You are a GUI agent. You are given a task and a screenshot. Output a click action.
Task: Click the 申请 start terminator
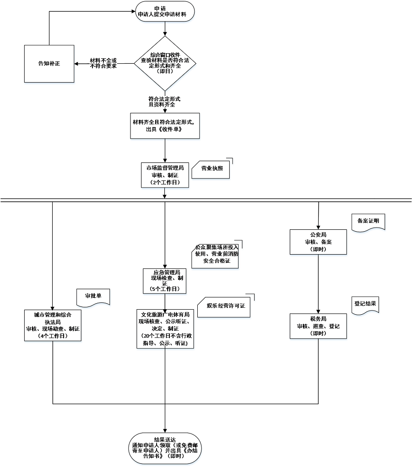165,11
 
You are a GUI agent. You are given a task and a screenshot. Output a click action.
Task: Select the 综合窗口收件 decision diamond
165,63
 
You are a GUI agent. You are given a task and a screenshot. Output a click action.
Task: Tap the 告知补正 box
49,64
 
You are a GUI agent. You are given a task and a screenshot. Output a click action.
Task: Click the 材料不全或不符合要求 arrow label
103,63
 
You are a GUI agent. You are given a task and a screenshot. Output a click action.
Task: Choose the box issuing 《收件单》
165,125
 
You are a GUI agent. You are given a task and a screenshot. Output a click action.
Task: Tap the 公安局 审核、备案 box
318,242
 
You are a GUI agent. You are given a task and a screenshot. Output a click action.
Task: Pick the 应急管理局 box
165,281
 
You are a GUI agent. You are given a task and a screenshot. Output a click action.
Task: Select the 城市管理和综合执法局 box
53,325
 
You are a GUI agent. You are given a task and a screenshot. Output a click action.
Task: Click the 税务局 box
318,326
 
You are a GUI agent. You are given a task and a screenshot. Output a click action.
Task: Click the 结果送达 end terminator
165,448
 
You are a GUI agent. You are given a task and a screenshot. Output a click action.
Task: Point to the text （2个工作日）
165,183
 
